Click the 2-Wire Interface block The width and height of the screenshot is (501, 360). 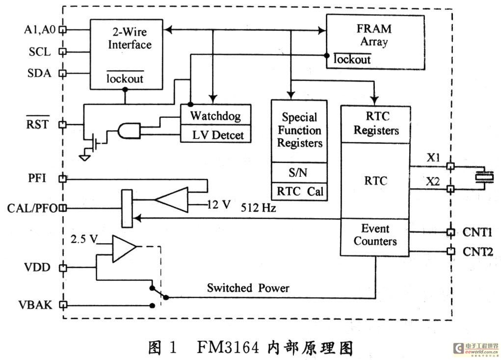pyautogui.click(x=126, y=54)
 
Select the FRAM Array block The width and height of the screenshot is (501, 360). pyautogui.click(x=375, y=42)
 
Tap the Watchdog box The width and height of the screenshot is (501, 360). pyautogui.click(x=215, y=116)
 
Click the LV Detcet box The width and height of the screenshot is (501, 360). pyautogui.click(x=215, y=134)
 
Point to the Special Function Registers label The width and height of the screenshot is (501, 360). pyautogui.click(x=299, y=131)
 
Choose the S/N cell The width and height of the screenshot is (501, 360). pyautogui.click(x=299, y=172)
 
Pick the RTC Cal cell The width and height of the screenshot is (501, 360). pyautogui.click(x=299, y=191)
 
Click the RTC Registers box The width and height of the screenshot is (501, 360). pyautogui.click(x=376, y=124)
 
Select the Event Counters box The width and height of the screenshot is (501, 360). pyautogui.click(x=375, y=235)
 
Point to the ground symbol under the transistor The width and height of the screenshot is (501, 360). pyautogui.click(x=85, y=157)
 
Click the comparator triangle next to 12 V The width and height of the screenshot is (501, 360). pyautogui.click(x=172, y=199)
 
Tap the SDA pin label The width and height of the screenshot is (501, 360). pyautogui.click(x=39, y=73)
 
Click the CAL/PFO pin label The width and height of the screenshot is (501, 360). pyautogui.click(x=32, y=208)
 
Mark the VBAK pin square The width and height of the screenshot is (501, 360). pyautogui.click(x=62, y=305)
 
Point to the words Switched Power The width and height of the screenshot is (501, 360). pyautogui.click(x=248, y=288)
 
